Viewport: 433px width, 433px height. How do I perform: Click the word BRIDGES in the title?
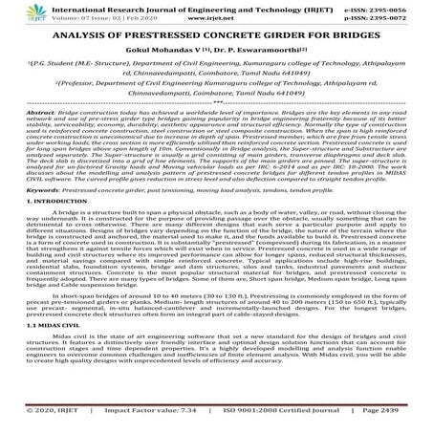[x=359, y=37]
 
